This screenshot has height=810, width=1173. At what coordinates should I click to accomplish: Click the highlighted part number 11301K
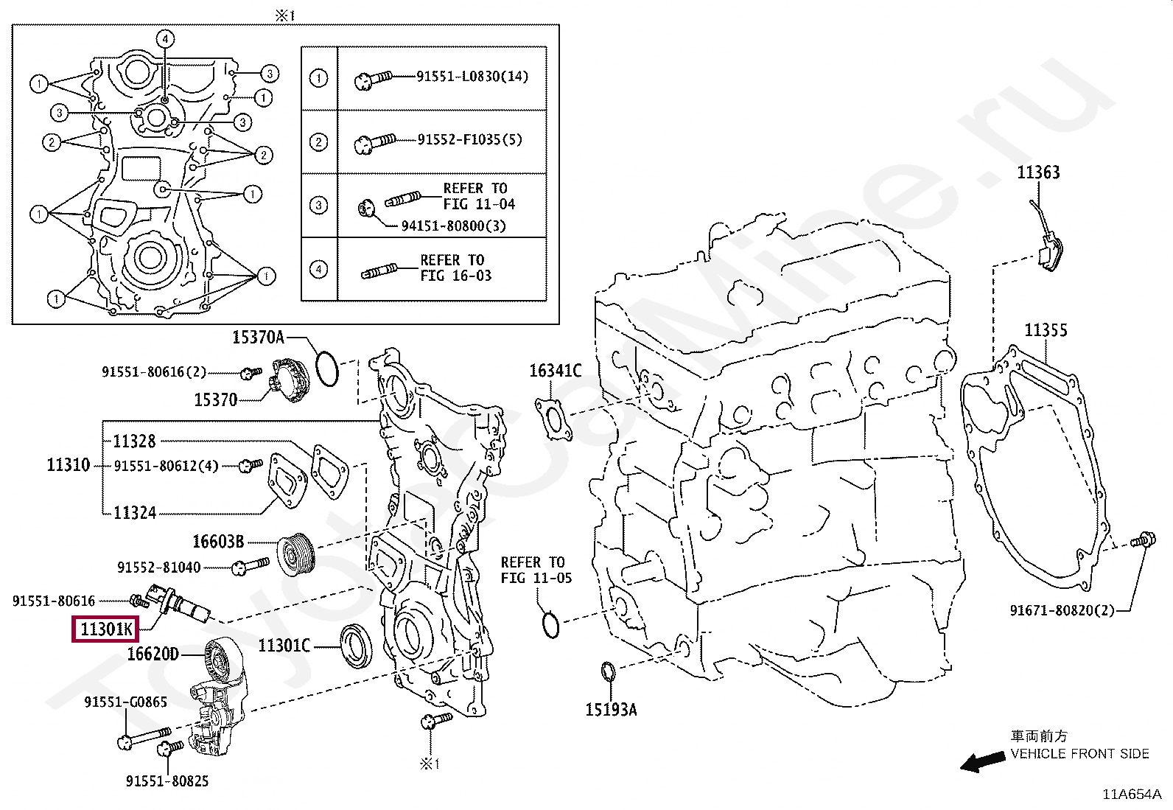[105, 629]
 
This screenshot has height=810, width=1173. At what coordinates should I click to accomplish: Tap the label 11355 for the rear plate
[1045, 330]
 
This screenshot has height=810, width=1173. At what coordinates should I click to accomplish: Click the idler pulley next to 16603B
[296, 553]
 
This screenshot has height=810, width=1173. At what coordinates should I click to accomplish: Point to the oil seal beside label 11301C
[356, 646]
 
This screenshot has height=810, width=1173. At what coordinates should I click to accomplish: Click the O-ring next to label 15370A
[326, 368]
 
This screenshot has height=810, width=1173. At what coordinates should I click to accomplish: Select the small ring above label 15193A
[608, 671]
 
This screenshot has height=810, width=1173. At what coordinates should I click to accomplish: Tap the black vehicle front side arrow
[981, 761]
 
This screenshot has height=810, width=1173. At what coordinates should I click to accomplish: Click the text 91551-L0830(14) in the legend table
[472, 77]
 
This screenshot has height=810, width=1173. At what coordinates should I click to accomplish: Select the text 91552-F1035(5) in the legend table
[469, 139]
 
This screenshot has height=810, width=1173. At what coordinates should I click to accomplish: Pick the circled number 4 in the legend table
[318, 269]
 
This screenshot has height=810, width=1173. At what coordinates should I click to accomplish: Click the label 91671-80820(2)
[1062, 610]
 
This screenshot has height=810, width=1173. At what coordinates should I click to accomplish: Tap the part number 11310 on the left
[68, 465]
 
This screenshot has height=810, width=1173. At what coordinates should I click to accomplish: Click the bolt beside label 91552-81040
[250, 566]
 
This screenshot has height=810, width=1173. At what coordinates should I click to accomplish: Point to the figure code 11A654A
[1131, 794]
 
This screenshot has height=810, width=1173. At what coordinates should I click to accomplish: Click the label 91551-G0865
[125, 702]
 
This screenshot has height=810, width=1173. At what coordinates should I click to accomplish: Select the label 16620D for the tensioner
[153, 654]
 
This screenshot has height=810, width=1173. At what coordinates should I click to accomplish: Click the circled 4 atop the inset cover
[165, 39]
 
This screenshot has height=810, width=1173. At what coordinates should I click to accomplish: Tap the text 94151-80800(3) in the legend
[453, 226]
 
